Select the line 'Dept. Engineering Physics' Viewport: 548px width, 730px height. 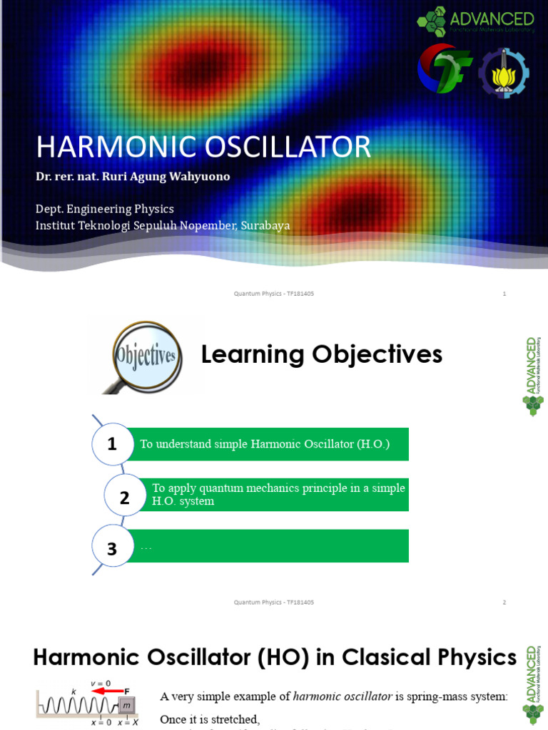(x=105, y=209)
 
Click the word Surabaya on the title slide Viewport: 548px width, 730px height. (x=265, y=225)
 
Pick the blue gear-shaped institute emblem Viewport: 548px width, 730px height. (x=503, y=73)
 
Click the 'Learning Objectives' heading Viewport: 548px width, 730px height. (x=321, y=354)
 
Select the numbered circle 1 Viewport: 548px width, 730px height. (x=112, y=444)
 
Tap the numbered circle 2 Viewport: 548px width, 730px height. (x=125, y=498)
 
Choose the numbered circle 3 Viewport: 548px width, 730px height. (x=112, y=548)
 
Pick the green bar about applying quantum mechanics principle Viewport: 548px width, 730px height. (x=278, y=495)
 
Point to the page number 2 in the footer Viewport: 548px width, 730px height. (x=504, y=602)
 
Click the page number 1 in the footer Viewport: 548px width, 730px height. (x=504, y=294)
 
